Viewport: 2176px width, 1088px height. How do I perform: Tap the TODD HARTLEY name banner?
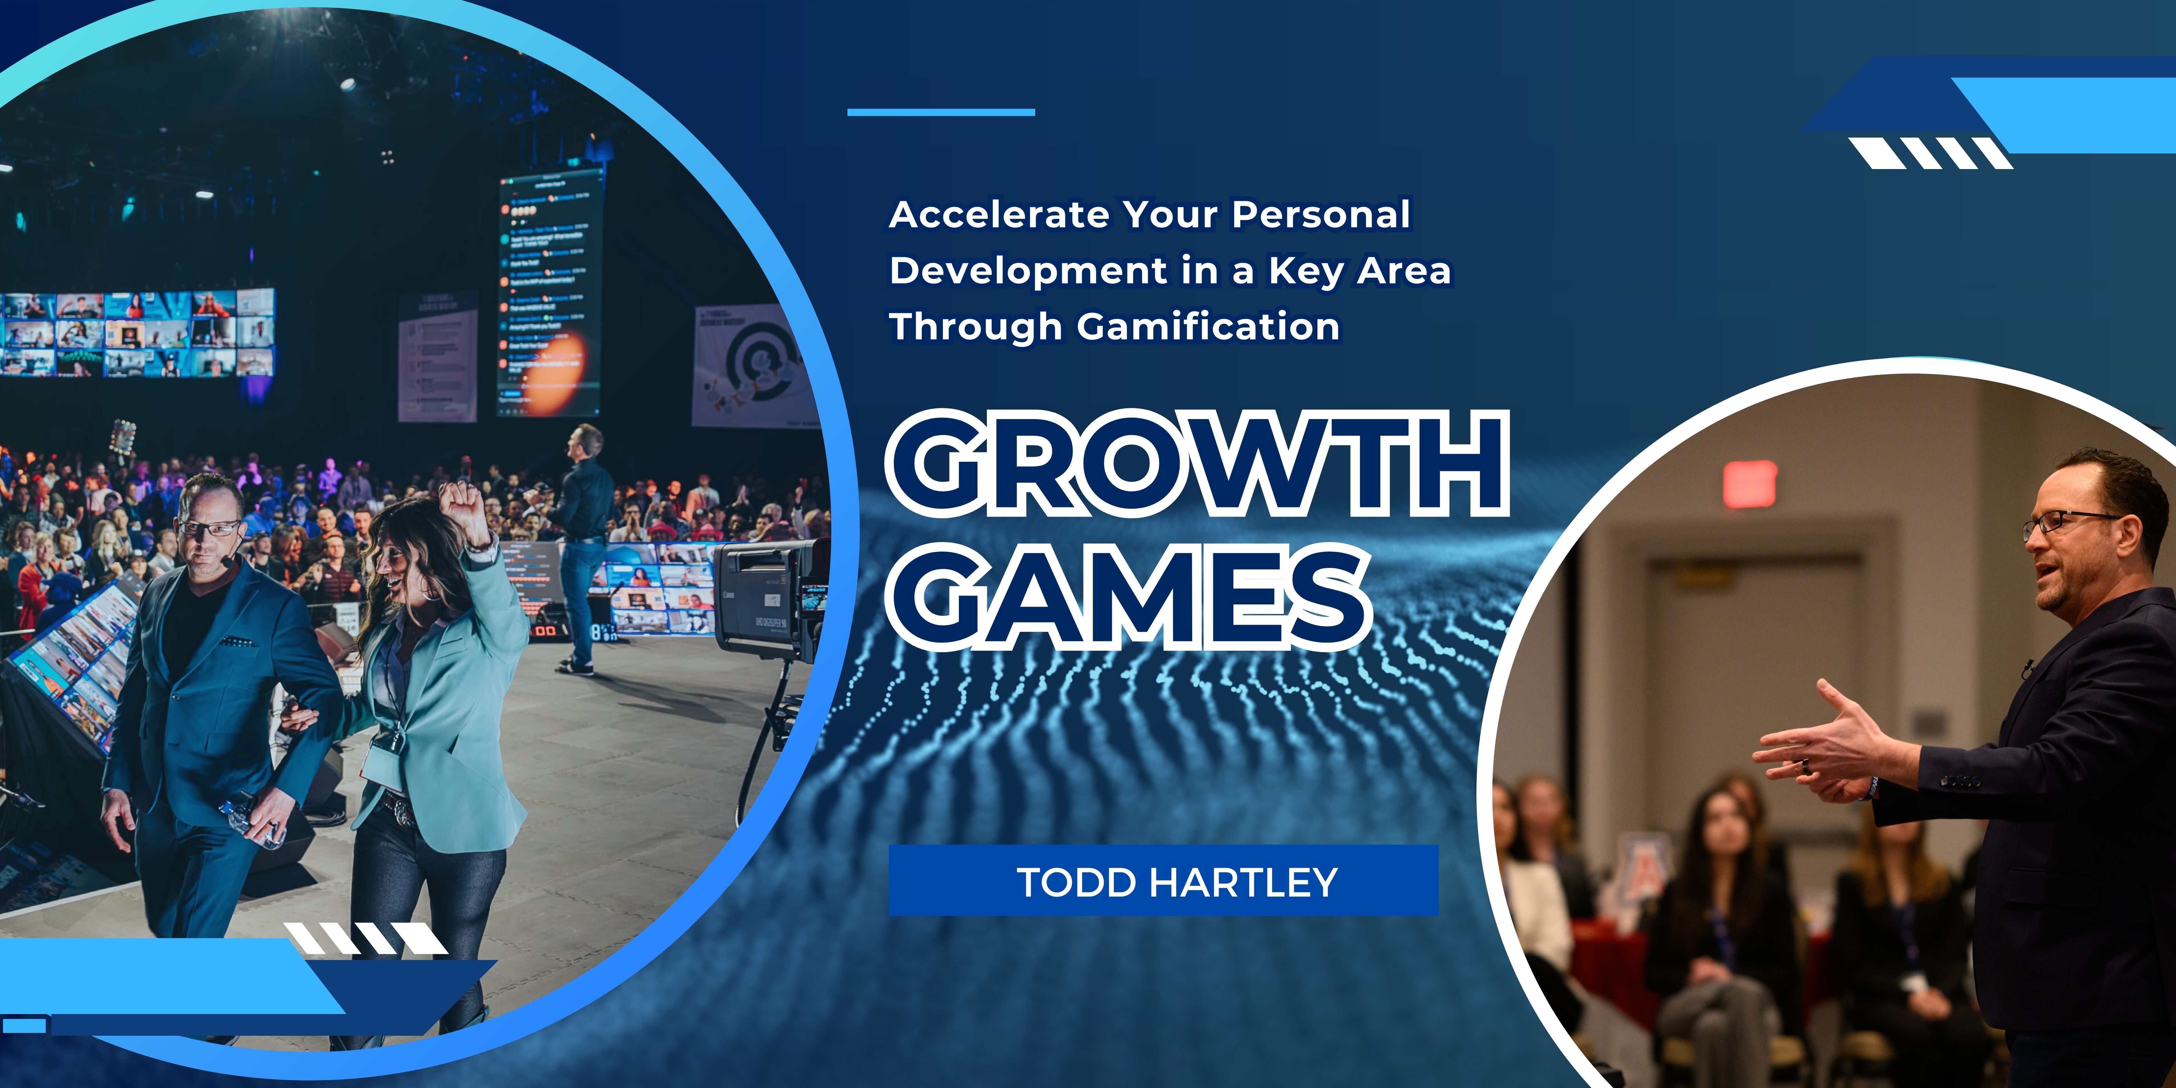tap(1163, 881)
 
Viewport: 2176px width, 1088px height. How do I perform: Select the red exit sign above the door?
tap(1749, 483)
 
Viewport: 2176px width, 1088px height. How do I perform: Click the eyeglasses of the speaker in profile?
tap(2070, 524)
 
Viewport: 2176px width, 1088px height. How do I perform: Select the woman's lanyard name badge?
tap(382, 764)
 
